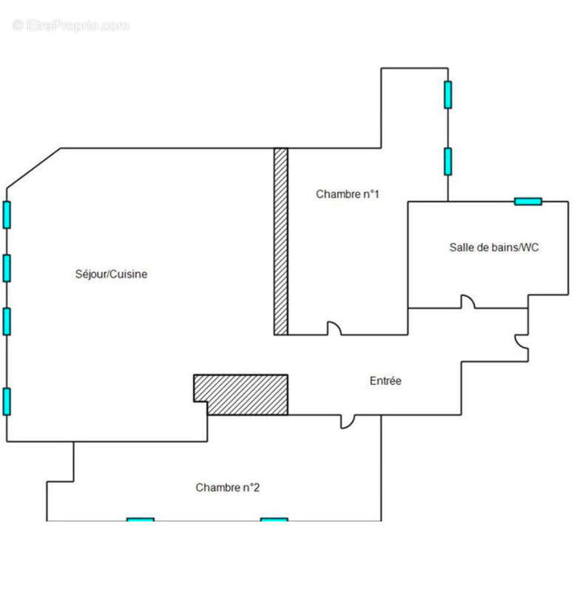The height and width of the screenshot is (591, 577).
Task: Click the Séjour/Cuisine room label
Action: point(111,274)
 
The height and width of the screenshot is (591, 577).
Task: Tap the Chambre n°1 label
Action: point(347,194)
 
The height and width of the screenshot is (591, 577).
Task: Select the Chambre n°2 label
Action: point(228,488)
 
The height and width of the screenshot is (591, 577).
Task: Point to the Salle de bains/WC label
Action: point(494,247)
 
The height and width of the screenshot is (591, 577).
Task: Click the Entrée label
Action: point(385,380)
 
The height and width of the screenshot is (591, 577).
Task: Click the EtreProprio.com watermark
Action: point(70,26)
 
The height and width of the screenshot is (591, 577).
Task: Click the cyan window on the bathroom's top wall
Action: point(528,202)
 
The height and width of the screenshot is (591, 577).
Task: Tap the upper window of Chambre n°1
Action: point(448,95)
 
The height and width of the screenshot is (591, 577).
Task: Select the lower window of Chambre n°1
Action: point(448,162)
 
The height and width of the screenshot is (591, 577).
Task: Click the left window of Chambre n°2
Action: point(141,520)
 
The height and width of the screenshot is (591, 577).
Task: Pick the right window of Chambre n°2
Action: point(274,520)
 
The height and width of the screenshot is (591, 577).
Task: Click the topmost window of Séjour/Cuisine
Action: point(7,215)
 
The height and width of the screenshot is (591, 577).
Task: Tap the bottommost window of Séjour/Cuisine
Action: point(7,402)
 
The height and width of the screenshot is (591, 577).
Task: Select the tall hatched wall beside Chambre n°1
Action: point(281,242)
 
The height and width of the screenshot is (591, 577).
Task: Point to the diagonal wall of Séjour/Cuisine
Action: point(33,168)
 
